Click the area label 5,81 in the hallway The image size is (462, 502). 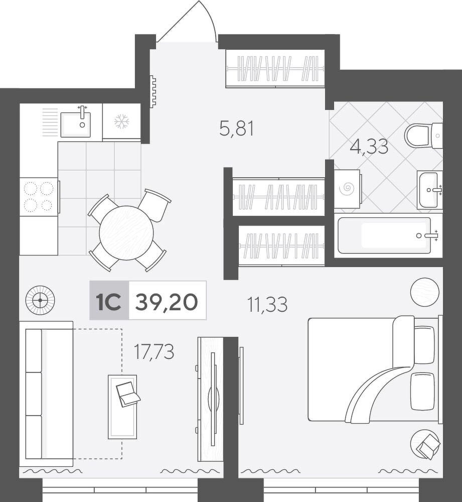[237, 129]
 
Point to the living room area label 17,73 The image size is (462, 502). [154, 351]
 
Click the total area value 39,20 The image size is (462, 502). [167, 302]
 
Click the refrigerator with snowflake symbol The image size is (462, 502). [121, 121]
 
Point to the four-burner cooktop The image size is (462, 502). [39, 197]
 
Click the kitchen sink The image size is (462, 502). [76, 123]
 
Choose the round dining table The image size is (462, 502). [126, 233]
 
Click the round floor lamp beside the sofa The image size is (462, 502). [40, 300]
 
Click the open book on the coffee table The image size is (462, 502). [127, 394]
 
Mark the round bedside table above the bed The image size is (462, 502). [424, 292]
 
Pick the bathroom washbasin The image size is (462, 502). [430, 190]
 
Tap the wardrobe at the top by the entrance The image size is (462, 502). [275, 68]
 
